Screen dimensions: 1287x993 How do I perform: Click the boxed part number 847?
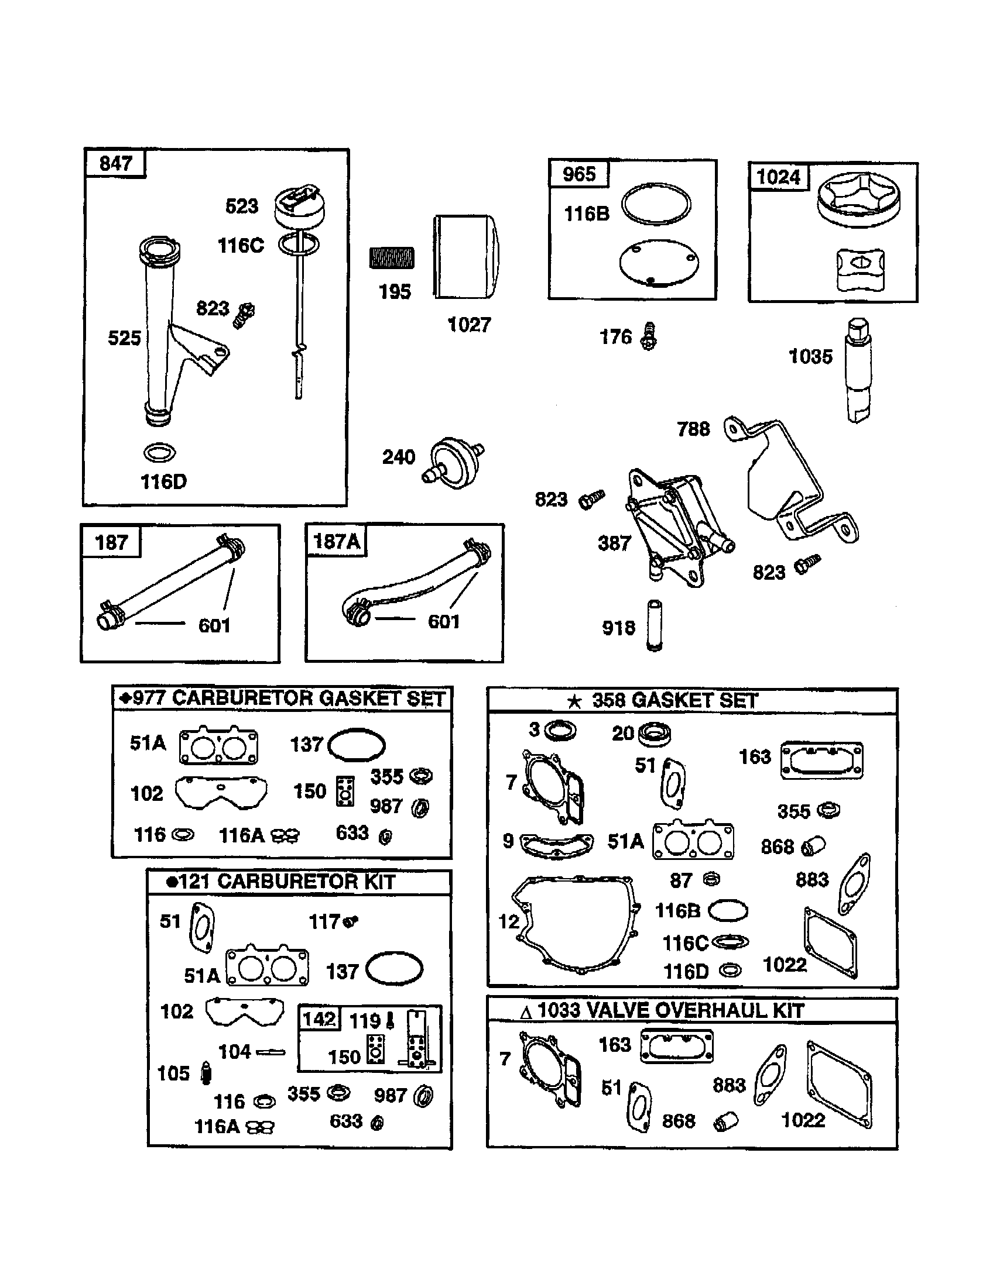115,163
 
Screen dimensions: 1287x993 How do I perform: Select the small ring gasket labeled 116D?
159,453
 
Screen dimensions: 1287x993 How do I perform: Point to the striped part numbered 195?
392,258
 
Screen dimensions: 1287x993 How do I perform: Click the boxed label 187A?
336,541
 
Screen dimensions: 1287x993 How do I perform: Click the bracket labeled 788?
790,477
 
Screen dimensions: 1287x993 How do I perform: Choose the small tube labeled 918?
654,625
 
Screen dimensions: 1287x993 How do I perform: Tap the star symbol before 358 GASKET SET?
574,701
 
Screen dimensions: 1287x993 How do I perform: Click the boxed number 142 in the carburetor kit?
319,1019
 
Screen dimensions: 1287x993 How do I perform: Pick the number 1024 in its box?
778,177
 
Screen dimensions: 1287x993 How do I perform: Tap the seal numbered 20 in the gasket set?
653,734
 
